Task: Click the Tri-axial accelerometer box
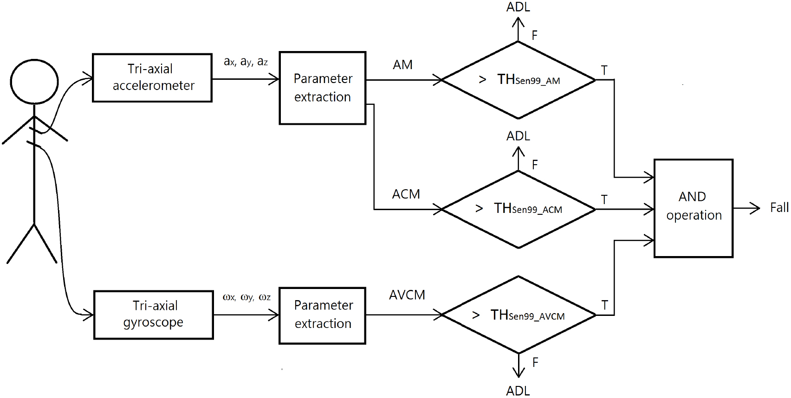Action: click(152, 77)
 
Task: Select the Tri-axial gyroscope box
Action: click(154, 315)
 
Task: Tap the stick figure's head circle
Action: click(34, 82)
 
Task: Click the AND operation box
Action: click(693, 208)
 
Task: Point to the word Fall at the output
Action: click(779, 207)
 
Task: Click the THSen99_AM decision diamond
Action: click(519, 80)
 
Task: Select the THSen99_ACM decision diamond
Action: click(519, 209)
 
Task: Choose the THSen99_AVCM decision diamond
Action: click(519, 315)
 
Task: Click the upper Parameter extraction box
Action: click(323, 88)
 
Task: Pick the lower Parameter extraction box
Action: click(323, 315)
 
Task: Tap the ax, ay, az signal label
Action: click(246, 62)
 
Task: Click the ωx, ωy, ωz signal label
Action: click(246, 297)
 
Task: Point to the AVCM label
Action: click(407, 295)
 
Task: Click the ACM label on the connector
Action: click(406, 194)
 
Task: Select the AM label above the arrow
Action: click(402, 65)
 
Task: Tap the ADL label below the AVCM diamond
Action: click(518, 391)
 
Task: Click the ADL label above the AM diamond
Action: click(518, 7)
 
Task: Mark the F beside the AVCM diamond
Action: click(535, 362)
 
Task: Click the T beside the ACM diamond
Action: click(604, 199)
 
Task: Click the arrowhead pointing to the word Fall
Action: click(755, 208)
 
